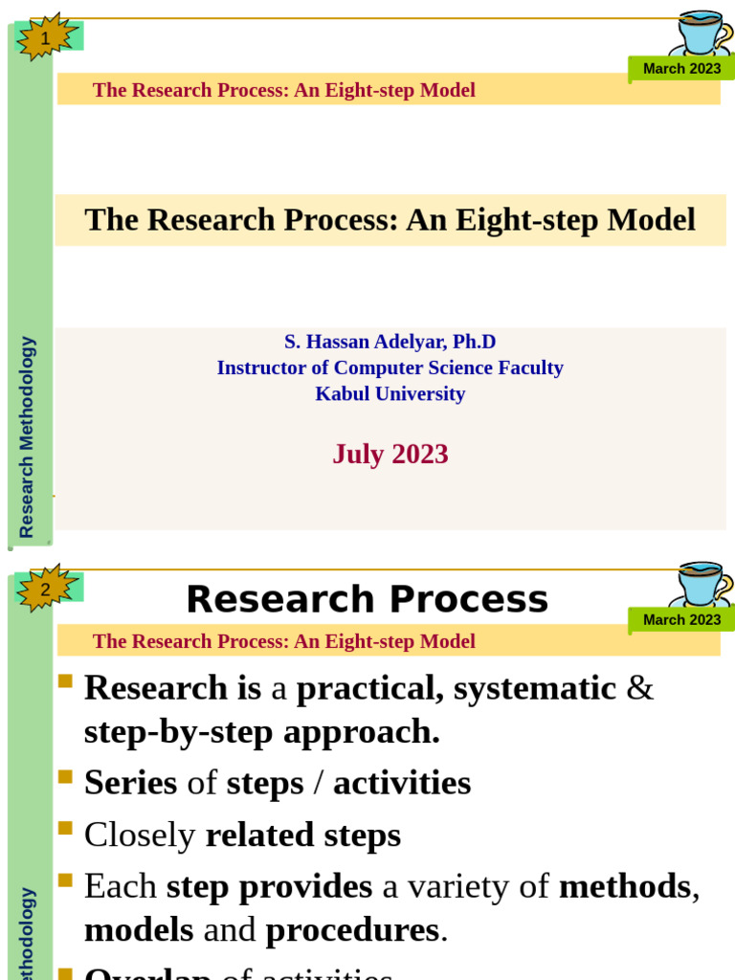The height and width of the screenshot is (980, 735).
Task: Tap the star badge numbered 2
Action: (46, 588)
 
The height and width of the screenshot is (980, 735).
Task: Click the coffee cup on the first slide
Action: (701, 34)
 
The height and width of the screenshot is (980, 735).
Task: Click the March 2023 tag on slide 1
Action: (681, 69)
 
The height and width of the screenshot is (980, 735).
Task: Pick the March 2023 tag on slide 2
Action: (681, 619)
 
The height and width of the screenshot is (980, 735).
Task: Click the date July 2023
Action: (390, 454)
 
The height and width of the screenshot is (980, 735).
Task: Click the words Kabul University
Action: (390, 393)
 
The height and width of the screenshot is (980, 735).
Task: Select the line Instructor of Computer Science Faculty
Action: (390, 367)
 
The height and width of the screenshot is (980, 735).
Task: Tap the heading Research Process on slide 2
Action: (367, 599)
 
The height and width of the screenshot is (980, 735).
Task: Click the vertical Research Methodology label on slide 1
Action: (27, 436)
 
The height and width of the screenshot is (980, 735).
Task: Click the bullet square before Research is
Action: (65, 680)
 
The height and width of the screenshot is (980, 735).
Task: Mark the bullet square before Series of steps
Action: (65, 776)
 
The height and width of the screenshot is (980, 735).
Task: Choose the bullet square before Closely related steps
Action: (65, 828)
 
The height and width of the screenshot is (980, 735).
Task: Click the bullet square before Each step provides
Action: (65, 880)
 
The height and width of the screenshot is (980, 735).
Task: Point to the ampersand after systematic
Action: (640, 688)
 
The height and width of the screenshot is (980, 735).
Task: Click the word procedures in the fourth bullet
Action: (351, 930)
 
